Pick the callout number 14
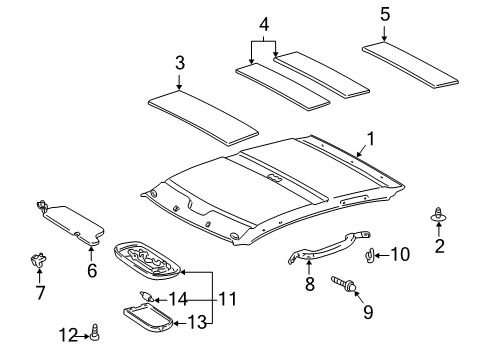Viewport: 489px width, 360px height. (178, 299)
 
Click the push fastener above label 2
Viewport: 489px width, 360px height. (439, 239)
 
